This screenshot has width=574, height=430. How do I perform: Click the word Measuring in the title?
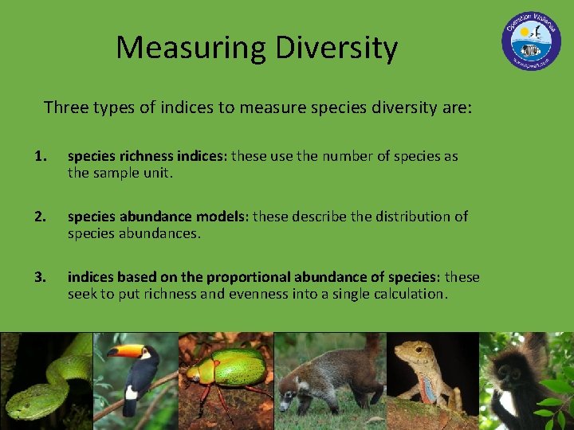tap(191, 49)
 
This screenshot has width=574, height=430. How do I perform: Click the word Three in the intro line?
tap(68, 107)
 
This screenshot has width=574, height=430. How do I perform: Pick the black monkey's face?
tap(510, 374)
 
